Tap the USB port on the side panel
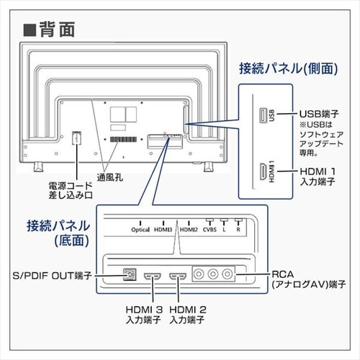pos(260,115)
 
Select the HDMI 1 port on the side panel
pos(260,174)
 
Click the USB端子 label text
pos(319,113)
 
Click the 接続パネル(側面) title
pos(288,69)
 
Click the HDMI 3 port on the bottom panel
pos(153,276)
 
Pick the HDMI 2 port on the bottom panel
pos(177,276)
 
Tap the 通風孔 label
pos(110,176)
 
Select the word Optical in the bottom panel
pos(141,230)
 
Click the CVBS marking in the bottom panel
pos(210,230)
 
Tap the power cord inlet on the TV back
pos(76,139)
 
